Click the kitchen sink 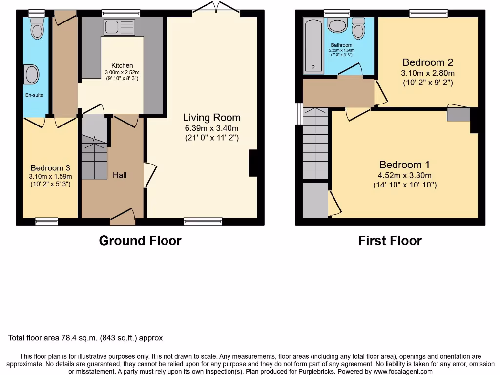pyautogui.click(x=119, y=27)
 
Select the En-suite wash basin pyautogui.click(x=32, y=75)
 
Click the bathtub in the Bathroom pyautogui.click(x=310, y=46)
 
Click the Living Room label pyautogui.click(x=211, y=118)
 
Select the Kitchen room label pyautogui.click(x=122, y=65)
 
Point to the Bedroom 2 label pyautogui.click(x=428, y=62)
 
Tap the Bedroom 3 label pyautogui.click(x=51, y=167)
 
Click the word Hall pyautogui.click(x=120, y=174)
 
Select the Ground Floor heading pyautogui.click(x=140, y=241)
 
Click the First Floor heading pyautogui.click(x=390, y=241)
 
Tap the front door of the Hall pyautogui.click(x=123, y=217)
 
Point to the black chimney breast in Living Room pyautogui.click(x=253, y=163)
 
